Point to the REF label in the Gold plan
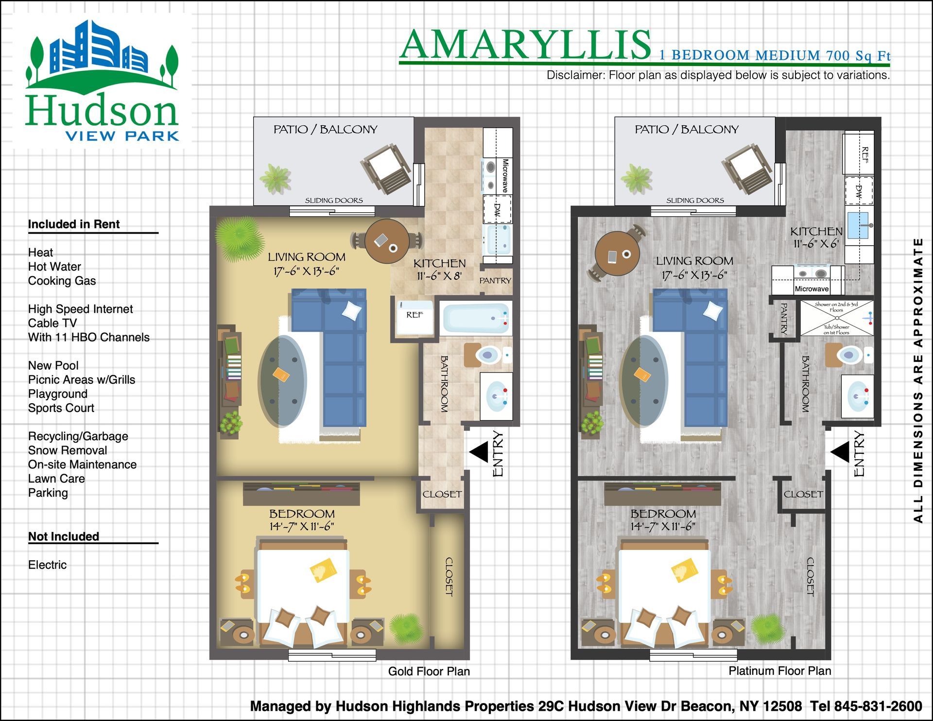click(x=415, y=315)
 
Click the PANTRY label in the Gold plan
click(x=495, y=281)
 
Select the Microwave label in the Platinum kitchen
click(x=812, y=289)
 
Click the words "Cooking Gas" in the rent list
click(x=62, y=281)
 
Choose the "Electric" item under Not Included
click(x=47, y=565)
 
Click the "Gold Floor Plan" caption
click(x=429, y=671)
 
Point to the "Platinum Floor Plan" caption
click(x=780, y=671)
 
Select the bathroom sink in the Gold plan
click(x=496, y=396)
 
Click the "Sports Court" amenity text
click(x=61, y=408)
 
